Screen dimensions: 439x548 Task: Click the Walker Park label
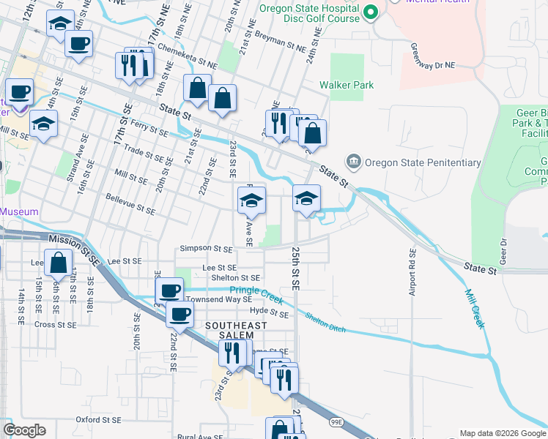click(x=347, y=86)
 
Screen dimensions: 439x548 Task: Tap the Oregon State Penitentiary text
click(x=423, y=162)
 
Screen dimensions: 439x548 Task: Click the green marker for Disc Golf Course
click(x=371, y=12)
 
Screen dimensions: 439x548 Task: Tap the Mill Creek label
click(x=474, y=308)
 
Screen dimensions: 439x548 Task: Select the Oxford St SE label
click(x=98, y=420)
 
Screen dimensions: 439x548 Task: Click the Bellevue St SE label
click(x=130, y=204)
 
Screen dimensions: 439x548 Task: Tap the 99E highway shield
click(x=337, y=423)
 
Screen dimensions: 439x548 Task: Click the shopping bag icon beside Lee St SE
click(x=58, y=262)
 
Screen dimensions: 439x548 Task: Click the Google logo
click(x=24, y=431)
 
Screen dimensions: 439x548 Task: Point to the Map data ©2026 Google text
click(x=502, y=433)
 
